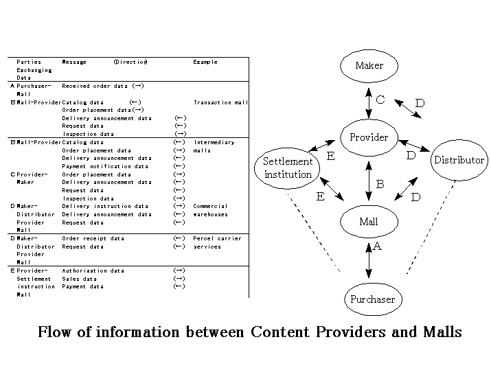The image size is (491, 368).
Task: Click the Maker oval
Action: (369, 66)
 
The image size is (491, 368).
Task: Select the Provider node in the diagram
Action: (369, 137)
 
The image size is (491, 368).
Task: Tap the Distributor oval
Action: (458, 161)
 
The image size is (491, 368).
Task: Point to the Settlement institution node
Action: (288, 168)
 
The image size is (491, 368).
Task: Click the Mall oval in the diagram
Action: (369, 222)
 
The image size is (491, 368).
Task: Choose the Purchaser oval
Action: (372, 299)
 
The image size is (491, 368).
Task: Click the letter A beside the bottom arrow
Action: (377, 246)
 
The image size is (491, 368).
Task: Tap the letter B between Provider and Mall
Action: (380, 184)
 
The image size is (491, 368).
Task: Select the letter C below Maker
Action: (380, 100)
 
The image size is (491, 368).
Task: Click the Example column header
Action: (205, 62)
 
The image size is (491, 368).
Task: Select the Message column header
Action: (74, 62)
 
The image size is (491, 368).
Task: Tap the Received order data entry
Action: (97, 87)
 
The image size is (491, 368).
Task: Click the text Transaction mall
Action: (220, 102)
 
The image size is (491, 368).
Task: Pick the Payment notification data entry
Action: (105, 166)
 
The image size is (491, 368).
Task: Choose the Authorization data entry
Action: (93, 271)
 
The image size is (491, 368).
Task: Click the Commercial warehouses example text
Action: (210, 210)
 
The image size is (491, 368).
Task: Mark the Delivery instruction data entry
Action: (105, 206)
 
